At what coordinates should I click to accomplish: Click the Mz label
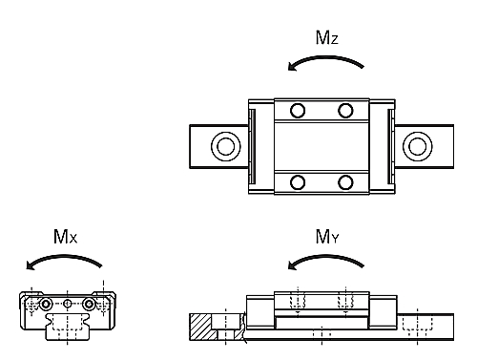click(x=326, y=37)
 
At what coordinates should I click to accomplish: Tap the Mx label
click(x=65, y=237)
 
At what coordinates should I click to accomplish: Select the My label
click(x=327, y=237)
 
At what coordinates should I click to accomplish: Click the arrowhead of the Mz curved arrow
click(x=292, y=67)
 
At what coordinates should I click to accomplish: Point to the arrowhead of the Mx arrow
click(x=31, y=265)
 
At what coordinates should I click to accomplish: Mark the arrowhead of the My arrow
click(x=292, y=265)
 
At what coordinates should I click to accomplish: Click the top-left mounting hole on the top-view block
click(x=298, y=111)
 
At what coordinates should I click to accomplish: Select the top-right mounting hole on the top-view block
click(x=345, y=111)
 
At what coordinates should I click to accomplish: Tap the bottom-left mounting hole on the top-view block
click(x=298, y=182)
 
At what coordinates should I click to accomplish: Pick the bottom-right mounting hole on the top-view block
click(x=345, y=182)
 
